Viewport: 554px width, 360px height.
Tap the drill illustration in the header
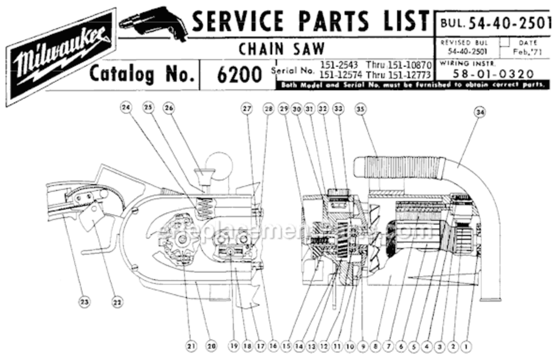(x=153, y=22)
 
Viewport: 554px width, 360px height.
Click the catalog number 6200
(x=238, y=75)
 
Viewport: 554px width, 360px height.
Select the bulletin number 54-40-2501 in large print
(x=510, y=22)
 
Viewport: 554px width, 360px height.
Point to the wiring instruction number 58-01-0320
(x=493, y=74)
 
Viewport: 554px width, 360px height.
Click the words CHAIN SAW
(x=282, y=48)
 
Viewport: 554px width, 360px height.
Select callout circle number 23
(x=84, y=302)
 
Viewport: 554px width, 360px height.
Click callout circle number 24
(x=126, y=109)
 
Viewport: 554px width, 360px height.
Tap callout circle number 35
(x=360, y=109)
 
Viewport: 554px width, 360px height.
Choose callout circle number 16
(x=273, y=345)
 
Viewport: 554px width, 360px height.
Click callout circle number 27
(x=246, y=109)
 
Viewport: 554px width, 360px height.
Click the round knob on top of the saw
(x=220, y=164)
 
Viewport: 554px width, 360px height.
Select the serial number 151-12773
(x=410, y=75)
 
